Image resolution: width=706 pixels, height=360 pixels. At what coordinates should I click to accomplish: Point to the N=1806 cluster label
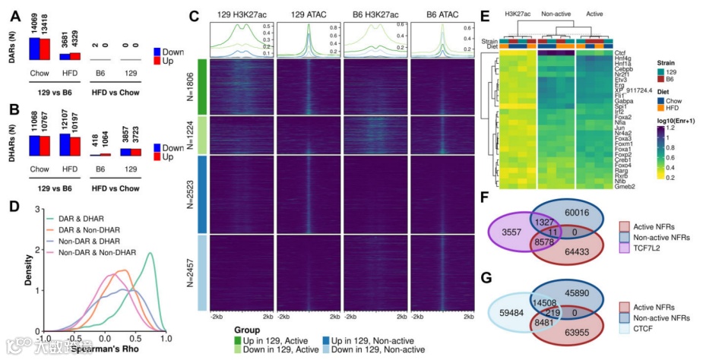point(189,86)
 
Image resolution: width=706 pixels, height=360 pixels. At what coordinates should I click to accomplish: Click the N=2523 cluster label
point(189,194)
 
